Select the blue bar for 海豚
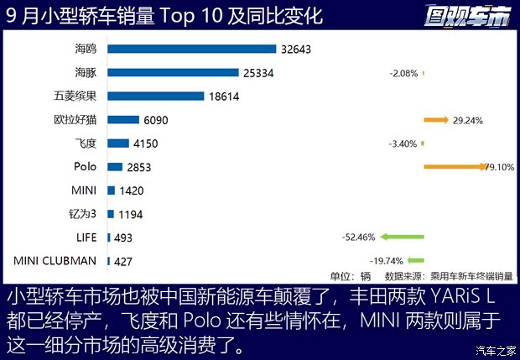pos(168,72)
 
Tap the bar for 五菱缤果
pos(156,97)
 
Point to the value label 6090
pos(156,120)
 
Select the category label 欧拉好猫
pos(75,120)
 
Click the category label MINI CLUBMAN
pos(55,261)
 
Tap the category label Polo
pos(86,167)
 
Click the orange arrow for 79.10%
pos(453,167)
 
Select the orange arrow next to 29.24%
pos(436,120)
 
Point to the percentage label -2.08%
pos(403,73)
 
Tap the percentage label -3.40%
pos(403,143)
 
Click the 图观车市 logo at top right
pos(468,15)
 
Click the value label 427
pos(123,261)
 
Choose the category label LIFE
pos(86,237)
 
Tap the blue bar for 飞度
pos(118,143)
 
